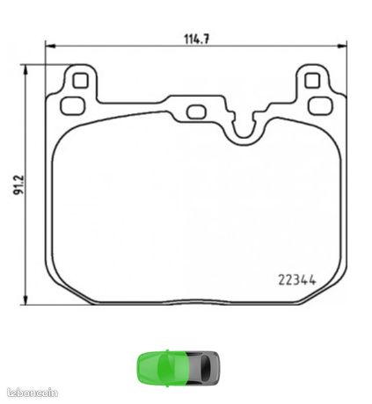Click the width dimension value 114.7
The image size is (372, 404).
pyautogui.click(x=197, y=39)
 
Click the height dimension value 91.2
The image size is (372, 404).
pyautogui.click(x=18, y=185)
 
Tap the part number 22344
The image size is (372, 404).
pyautogui.click(x=297, y=280)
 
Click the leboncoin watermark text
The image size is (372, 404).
pyautogui.click(x=33, y=393)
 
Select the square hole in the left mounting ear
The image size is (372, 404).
pyautogui.click(x=80, y=81)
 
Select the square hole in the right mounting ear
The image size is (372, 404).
pyautogui.click(x=312, y=81)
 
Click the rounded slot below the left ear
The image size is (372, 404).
pyautogui.click(x=73, y=105)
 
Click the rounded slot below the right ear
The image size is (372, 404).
pyautogui.click(x=321, y=105)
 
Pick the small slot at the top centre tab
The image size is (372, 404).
pyautogui.click(x=196, y=112)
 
